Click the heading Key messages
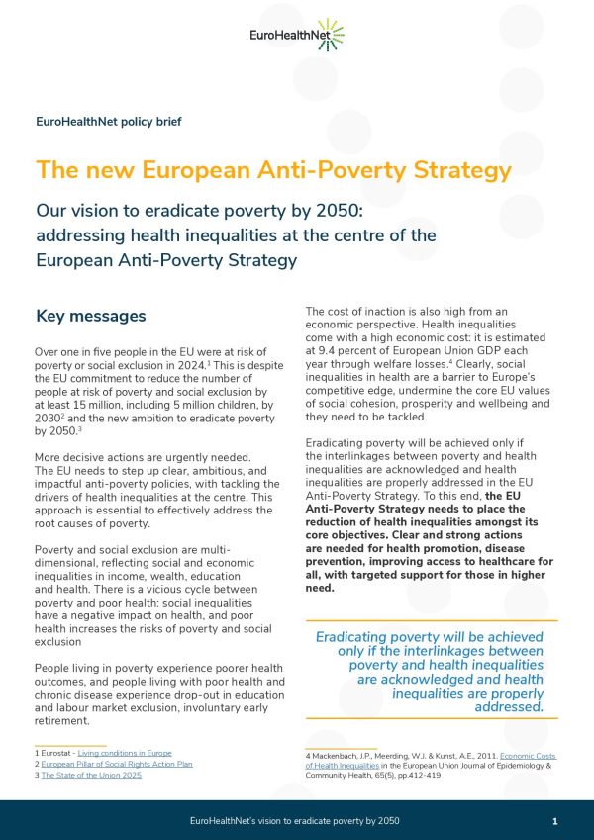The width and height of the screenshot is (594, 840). pos(90,317)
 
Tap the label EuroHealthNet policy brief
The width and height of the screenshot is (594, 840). pos(108,122)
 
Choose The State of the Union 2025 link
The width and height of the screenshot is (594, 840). pos(91,775)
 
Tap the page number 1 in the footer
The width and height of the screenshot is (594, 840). pos(555,821)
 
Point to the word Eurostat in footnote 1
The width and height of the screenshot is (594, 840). pos(56,753)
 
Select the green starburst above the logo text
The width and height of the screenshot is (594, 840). pos(331,28)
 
